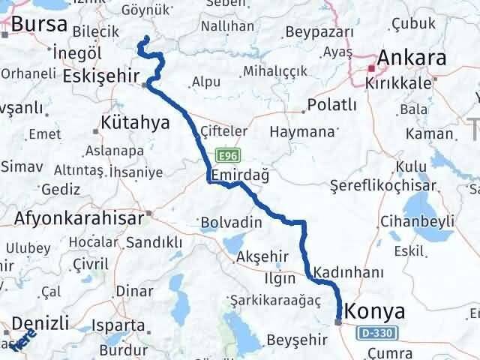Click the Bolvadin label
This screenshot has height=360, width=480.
pos(231,223)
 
